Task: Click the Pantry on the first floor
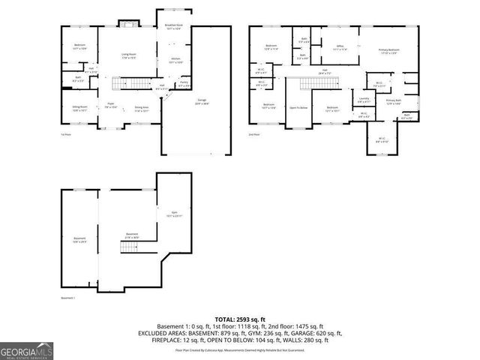tap(184, 84)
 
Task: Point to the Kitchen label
tap(175, 60)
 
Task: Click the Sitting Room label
tap(79, 107)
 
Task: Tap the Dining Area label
tap(142, 107)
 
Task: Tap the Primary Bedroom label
tap(388, 51)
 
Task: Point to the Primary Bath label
tap(394, 101)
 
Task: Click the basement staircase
tap(130, 247)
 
